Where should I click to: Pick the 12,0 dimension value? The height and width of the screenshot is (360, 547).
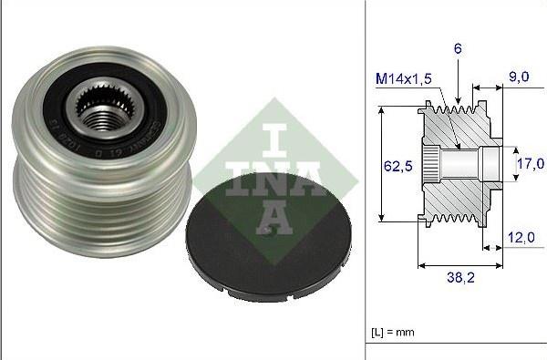pos(521,236)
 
